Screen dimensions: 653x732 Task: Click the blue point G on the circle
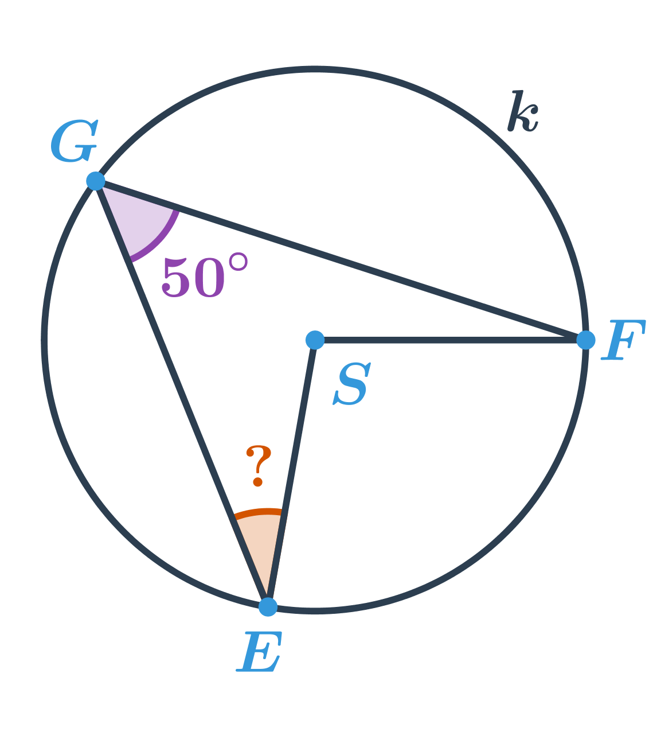[96, 181]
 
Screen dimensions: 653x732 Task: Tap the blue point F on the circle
[586, 340]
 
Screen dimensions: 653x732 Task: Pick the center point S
[315, 340]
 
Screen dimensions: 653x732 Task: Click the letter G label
[75, 141]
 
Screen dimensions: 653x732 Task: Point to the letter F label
[623, 340]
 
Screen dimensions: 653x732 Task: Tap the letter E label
[259, 652]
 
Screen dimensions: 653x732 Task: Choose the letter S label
[352, 384]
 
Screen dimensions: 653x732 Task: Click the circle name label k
[523, 111]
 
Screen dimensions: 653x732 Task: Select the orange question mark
[259, 466]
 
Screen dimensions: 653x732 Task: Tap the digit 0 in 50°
[208, 277]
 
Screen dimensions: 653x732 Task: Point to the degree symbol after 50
[238, 262]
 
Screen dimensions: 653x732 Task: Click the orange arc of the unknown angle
[258, 512]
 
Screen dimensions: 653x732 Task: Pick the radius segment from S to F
[451, 340]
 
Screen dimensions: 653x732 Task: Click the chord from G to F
[341, 260]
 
